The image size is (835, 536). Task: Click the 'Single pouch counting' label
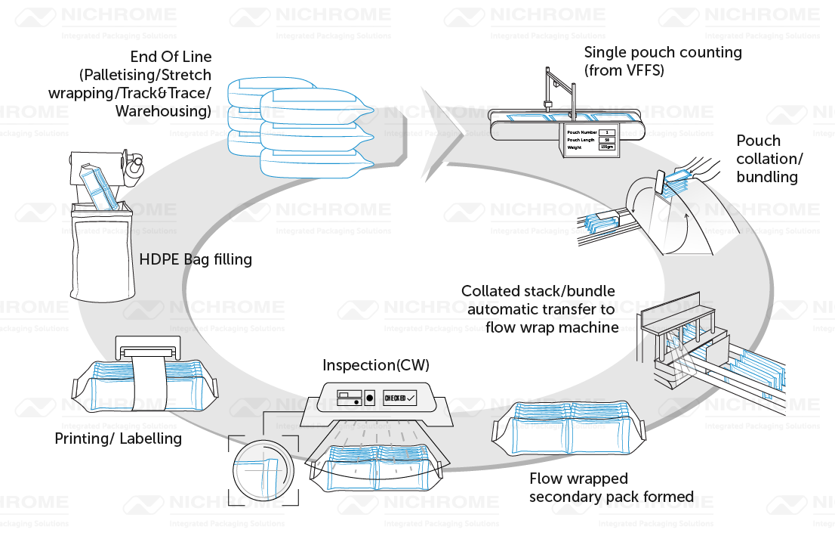click(662, 53)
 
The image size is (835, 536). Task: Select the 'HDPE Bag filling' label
click(196, 260)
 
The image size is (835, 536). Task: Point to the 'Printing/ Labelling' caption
click(118, 438)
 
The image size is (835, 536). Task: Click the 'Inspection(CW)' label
click(375, 366)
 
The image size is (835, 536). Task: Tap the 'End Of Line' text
click(171, 57)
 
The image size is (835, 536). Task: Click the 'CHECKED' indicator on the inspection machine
click(399, 398)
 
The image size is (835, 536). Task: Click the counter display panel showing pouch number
click(590, 139)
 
